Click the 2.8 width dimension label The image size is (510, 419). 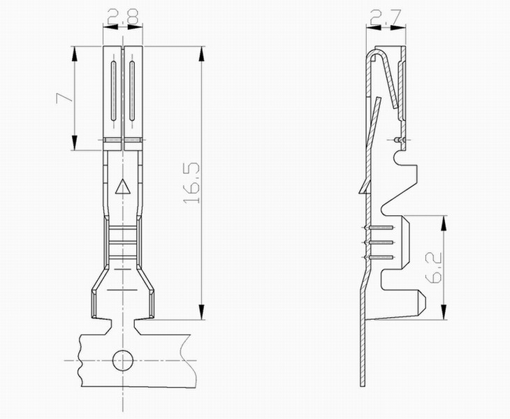(123, 17)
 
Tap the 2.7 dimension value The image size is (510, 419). (386, 17)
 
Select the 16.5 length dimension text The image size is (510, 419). (191, 182)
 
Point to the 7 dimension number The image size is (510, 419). (64, 98)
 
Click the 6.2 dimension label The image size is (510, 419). (433, 267)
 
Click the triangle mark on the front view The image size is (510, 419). (123, 186)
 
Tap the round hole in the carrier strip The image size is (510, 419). (123, 360)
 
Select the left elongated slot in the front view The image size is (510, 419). (113, 91)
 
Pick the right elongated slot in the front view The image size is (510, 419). (132, 91)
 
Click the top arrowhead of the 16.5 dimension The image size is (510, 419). (202, 54)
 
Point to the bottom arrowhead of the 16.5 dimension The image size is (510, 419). (202, 312)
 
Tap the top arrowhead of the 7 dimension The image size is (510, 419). (75, 54)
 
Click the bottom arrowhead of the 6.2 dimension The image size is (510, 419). (444, 311)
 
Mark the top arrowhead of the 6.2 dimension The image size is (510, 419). (444, 223)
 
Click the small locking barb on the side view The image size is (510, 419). (364, 187)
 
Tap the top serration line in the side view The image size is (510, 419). (379, 228)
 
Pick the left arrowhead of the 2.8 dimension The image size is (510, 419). (110, 27)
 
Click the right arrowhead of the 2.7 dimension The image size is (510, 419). (399, 28)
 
